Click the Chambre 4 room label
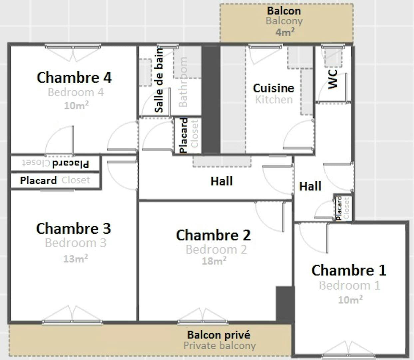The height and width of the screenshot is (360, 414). click(74, 77)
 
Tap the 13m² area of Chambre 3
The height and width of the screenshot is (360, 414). click(76, 258)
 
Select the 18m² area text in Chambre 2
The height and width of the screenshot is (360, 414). click(214, 261)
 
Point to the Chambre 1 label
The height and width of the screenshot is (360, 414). click(349, 270)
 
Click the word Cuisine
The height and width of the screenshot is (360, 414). click(273, 88)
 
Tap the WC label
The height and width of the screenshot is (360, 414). click(333, 79)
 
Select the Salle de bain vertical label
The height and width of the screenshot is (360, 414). click(159, 80)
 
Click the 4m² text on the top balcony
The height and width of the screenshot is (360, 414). click(285, 32)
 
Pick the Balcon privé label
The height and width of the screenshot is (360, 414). click(218, 335)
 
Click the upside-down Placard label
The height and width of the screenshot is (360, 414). click(71, 163)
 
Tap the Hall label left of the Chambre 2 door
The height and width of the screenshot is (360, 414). click(221, 181)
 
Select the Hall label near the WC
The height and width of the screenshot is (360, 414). click(310, 186)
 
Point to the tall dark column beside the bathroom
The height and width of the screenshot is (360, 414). click(211, 99)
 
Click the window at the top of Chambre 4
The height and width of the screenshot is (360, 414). click(73, 47)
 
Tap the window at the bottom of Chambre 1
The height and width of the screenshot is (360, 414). click(349, 355)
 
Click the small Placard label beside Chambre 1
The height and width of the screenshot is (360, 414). click(339, 208)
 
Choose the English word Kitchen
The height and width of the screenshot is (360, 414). click(274, 99)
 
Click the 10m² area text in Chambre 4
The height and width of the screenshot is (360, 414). click(76, 105)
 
